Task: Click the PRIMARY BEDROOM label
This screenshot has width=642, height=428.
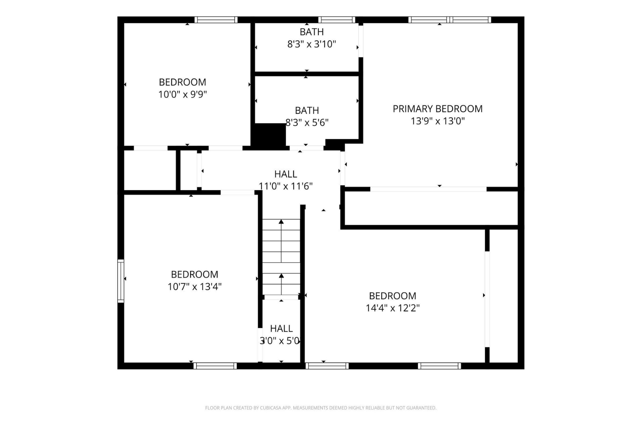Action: (438, 109)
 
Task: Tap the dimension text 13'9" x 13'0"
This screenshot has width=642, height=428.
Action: (438, 121)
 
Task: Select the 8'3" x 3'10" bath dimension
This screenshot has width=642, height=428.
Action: (312, 44)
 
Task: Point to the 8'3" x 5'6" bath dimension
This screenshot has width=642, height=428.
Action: (307, 123)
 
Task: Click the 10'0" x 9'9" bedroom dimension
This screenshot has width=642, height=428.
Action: (183, 95)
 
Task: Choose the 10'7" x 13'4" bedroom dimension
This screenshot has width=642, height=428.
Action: (195, 287)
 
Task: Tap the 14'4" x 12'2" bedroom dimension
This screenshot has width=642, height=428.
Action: (393, 308)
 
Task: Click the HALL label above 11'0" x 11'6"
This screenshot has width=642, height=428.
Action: (286, 174)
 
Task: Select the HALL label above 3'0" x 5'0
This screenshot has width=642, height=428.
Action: (281, 328)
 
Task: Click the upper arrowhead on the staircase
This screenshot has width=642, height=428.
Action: (281, 221)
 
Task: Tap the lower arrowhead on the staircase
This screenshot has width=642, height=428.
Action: (281, 276)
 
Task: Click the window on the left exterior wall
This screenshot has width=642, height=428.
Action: (121, 281)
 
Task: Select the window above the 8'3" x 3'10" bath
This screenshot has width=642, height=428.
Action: (337, 20)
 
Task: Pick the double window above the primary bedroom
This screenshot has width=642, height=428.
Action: (450, 20)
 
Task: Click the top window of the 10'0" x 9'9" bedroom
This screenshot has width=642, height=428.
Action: (216, 20)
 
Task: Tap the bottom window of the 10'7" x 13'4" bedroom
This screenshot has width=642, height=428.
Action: (215, 366)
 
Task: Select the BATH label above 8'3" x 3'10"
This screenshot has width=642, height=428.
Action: (312, 32)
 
